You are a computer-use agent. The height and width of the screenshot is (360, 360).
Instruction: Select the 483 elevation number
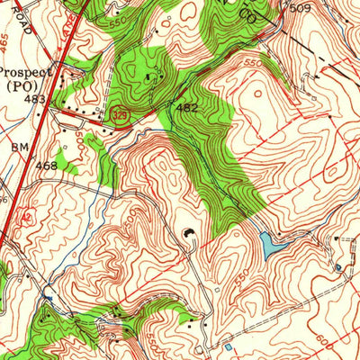[35, 98]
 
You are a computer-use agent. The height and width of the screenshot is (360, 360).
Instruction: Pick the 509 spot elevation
[301, 8]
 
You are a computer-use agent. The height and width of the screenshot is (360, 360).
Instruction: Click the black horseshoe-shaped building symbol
[189, 235]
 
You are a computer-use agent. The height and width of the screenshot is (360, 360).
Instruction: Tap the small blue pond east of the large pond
[338, 266]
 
